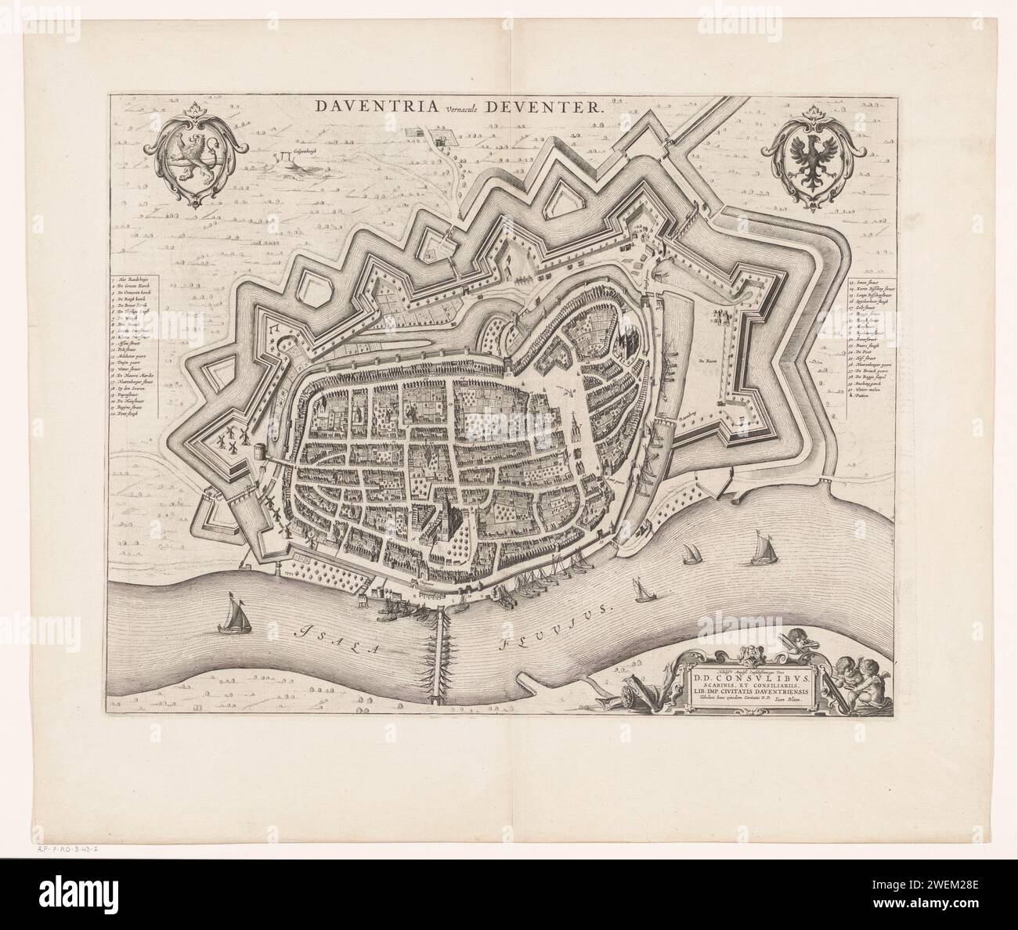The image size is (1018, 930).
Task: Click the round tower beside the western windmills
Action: pyautogui.click(x=257, y=454)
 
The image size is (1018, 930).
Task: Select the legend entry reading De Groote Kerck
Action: pyautogui.click(x=137, y=288)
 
